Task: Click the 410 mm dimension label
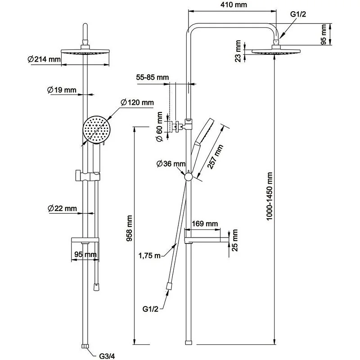point(232,5)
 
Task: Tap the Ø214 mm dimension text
point(44,59)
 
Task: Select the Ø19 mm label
point(62,90)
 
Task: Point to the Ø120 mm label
point(137,103)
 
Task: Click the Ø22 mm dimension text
point(62,208)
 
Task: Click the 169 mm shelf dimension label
point(205,223)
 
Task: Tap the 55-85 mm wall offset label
point(153,77)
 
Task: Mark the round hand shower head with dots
point(96,129)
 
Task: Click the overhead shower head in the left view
point(85,52)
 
